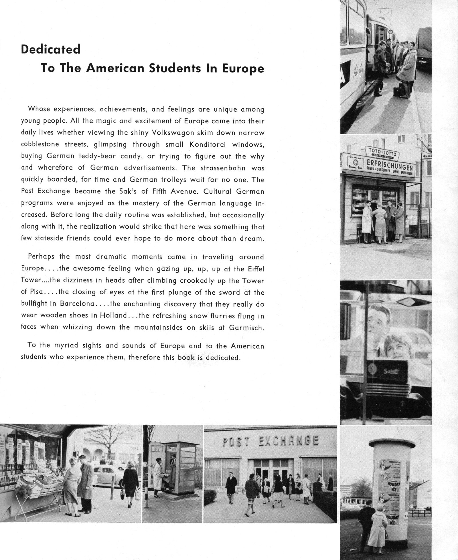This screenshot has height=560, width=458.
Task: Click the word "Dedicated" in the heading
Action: tap(51, 49)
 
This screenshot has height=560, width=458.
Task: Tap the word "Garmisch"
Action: tap(246, 327)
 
